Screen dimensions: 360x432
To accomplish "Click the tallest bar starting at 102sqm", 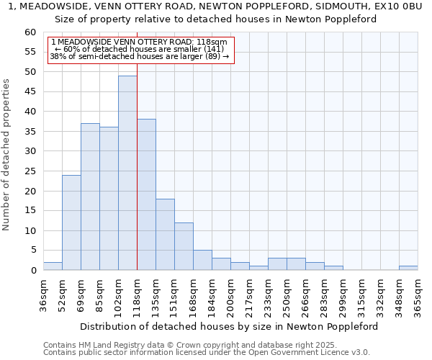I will click(x=127, y=173).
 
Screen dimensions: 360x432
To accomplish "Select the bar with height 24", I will click(x=71, y=222).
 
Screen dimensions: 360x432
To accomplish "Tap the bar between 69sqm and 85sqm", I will click(x=90, y=197).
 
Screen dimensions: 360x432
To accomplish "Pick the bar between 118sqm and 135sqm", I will click(x=146, y=194).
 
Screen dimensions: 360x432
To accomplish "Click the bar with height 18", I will click(x=165, y=234).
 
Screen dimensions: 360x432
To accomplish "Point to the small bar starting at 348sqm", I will click(x=408, y=268).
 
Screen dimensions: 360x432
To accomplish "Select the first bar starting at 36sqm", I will click(x=53, y=266).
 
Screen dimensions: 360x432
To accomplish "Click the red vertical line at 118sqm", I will click(x=137, y=144).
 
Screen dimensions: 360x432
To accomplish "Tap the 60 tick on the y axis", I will click(x=30, y=32).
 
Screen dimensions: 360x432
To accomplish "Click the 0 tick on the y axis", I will click(x=33, y=271).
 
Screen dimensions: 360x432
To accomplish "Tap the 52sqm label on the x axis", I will click(x=62, y=294).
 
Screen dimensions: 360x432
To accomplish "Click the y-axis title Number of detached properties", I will click(x=7, y=155).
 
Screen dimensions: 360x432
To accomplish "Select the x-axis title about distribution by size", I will click(x=229, y=326).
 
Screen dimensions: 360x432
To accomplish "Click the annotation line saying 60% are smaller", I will click(x=140, y=49).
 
